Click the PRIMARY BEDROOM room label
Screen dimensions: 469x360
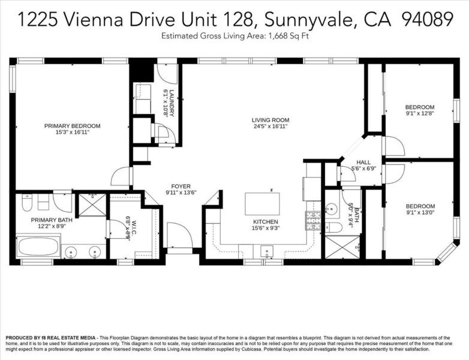tap(72, 126)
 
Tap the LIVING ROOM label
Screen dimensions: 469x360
tap(270, 120)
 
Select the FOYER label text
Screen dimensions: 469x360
tap(181, 187)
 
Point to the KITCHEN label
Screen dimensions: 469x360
tap(265, 222)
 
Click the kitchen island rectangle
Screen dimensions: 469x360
tap(262, 204)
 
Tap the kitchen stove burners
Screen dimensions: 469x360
tap(312, 221)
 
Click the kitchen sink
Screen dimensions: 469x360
tap(266, 251)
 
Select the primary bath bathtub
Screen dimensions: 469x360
tap(38, 247)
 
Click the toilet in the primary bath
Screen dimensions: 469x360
tap(27, 202)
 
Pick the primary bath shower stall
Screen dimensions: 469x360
tap(92, 205)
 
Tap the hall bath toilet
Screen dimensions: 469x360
tap(333, 227)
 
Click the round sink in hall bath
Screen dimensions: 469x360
tap(332, 207)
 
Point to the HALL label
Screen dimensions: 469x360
tap(363, 162)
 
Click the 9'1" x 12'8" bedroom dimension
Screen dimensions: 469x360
tap(419, 113)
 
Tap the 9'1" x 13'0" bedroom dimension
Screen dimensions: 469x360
tap(420, 212)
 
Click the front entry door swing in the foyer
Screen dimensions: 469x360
tap(179, 235)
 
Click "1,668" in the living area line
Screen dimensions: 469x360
tap(278, 36)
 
